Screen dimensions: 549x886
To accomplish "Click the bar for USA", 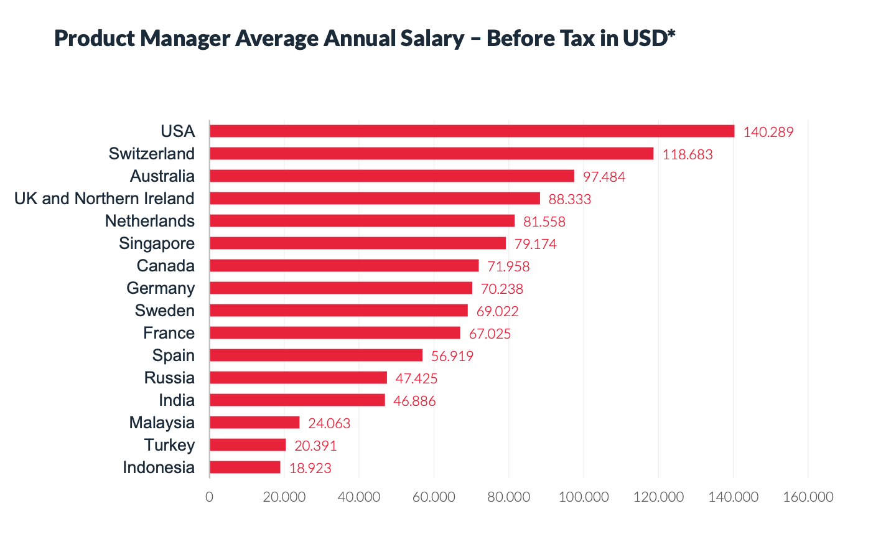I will tap(472, 131).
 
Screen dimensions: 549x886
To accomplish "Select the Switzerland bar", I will tap(431, 154).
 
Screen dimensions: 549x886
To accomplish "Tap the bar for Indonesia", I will tap(245, 467).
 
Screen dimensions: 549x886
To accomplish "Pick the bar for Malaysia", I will tap(254, 423).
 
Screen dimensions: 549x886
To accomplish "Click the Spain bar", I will tap(316, 355).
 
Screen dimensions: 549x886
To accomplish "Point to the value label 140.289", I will tap(768, 132).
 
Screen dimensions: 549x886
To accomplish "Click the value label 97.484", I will tap(604, 177).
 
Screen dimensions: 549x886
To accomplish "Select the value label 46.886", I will tap(414, 401).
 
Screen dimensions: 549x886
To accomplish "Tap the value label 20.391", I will tap(315, 446).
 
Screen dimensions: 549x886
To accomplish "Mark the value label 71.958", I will tap(508, 266).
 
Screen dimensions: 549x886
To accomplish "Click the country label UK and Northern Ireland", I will tap(105, 199).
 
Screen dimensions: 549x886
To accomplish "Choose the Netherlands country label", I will tap(149, 221).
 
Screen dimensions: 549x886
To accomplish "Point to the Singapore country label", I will tap(157, 243).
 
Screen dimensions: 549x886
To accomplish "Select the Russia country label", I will tap(169, 378).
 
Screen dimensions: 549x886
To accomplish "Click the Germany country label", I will tap(161, 288).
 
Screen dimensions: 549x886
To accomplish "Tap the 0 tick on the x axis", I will tap(209, 497).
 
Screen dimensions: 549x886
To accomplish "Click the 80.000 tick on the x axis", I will tap(508, 497).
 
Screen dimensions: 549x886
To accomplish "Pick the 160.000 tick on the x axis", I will tap(808, 497).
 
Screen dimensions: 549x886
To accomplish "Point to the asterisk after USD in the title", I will tap(671, 34).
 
